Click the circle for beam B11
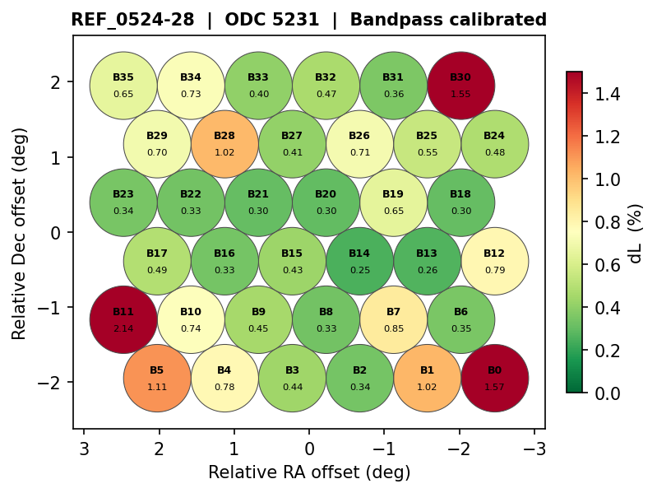[123, 319]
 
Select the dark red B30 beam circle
[460, 85]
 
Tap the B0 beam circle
[494, 379]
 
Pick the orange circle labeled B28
[224, 144]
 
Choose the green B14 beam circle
[359, 261]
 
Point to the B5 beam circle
[157, 379]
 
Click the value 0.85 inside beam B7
[393, 328]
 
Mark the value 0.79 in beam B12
[494, 270]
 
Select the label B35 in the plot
[123, 77]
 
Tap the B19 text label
[393, 194]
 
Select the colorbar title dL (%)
[635, 233]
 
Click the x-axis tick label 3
[84, 449]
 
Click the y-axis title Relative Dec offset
[20, 233]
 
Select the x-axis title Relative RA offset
[309, 472]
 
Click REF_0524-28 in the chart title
[132, 20]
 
